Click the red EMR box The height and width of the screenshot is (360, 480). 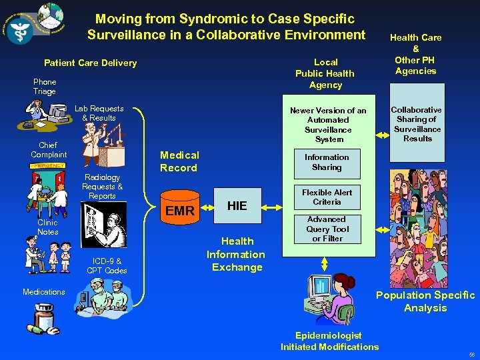pos(180,211)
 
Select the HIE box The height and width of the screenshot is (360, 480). pos(237,205)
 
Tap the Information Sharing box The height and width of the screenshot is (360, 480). pos(327,162)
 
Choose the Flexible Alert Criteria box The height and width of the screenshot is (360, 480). pos(327,197)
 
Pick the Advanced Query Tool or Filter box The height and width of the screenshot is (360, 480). pos(327,229)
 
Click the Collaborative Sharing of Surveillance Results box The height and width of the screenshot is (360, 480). pos(417,124)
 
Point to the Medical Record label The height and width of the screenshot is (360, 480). pos(179,161)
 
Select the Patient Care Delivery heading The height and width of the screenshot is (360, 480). pos(90,63)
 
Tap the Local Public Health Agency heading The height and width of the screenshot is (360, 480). pos(325,73)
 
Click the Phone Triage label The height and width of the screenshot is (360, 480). pos(45,87)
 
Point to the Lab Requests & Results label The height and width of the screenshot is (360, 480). pos(99,113)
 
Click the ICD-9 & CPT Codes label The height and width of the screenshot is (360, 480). pos(107,265)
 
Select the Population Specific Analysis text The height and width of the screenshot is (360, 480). pos(425,301)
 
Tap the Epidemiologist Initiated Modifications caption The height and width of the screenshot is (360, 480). pos(329,341)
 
